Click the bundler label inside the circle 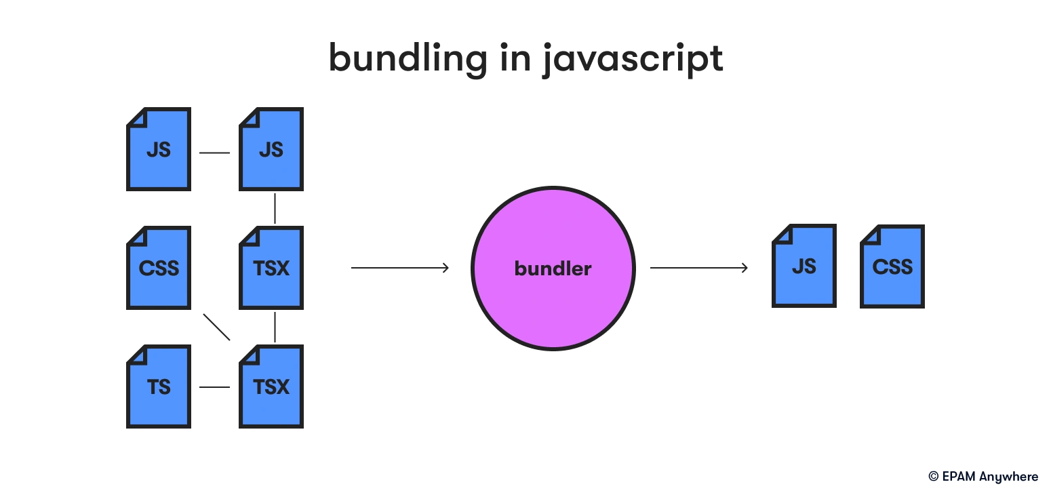tap(553, 269)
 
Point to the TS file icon tap(159, 386)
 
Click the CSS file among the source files tap(159, 267)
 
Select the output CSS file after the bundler tap(892, 266)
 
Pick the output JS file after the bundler tap(804, 266)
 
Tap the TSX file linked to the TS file tap(271, 386)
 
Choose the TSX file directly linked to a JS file tap(271, 267)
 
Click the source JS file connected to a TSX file tap(271, 148)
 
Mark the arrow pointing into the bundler tap(400, 268)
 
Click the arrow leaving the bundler tap(698, 268)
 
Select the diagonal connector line tap(216, 327)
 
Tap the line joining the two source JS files tap(214, 153)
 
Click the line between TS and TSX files tap(214, 387)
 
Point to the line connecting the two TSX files tap(275, 327)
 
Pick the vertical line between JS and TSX tap(275, 208)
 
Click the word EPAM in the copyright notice tap(959, 477)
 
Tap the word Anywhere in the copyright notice tap(1009, 477)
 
